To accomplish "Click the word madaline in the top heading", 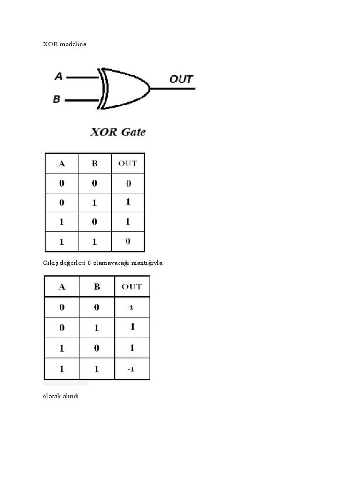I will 74,44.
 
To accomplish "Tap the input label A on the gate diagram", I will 59,76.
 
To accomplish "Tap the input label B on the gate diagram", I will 57,99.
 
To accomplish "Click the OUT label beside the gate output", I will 181,79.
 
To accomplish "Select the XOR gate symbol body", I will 125,88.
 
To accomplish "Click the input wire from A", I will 82,78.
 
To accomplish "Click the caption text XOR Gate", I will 118,132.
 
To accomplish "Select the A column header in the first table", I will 61,164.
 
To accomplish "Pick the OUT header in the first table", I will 127,163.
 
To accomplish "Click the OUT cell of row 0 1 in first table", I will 127,202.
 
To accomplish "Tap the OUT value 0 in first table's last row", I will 127,241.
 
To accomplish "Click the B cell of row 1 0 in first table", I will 94,222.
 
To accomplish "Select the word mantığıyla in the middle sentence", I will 147,263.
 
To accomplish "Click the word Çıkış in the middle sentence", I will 49,263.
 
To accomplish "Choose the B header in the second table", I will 97,286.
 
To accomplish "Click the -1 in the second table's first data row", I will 131,307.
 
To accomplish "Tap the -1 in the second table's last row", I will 131,369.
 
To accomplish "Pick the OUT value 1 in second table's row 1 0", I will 132,348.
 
